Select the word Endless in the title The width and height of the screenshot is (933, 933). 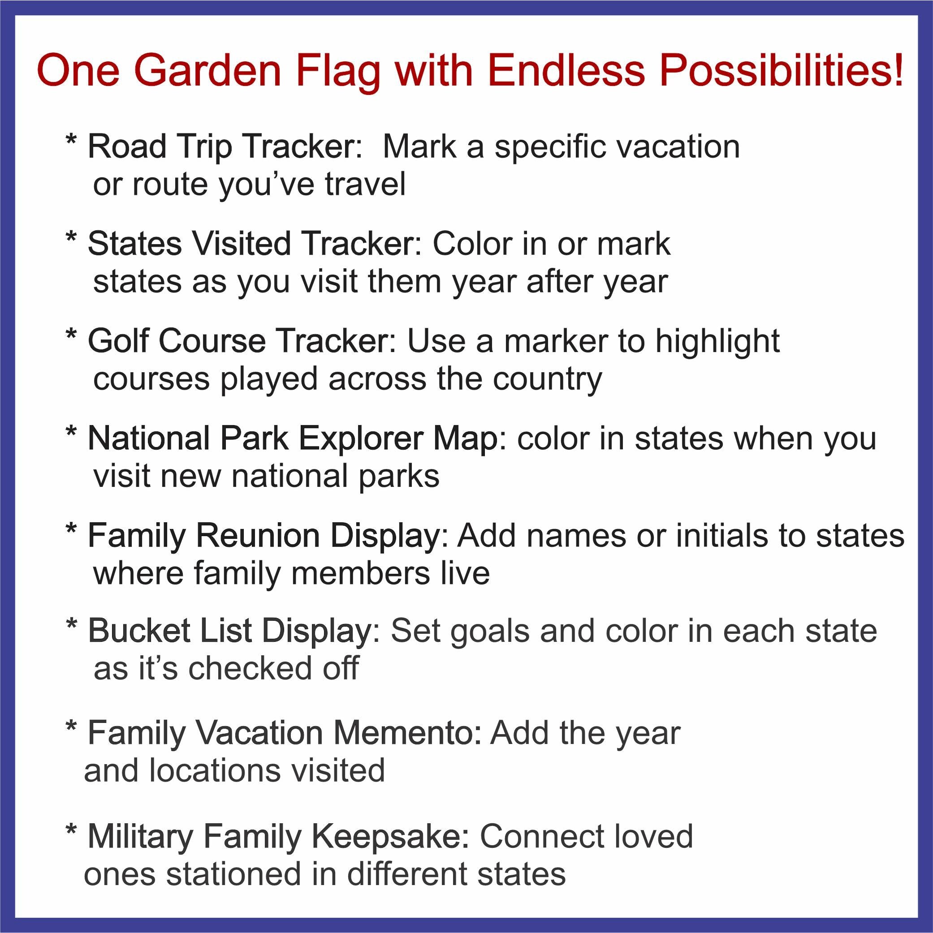tap(566, 71)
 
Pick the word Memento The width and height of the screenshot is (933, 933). tap(403, 733)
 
